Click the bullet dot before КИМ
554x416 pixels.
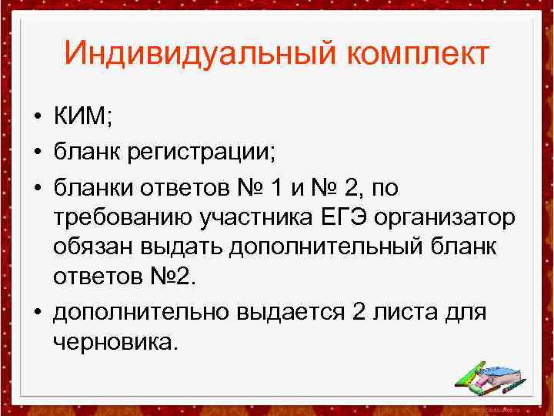point(36,119)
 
